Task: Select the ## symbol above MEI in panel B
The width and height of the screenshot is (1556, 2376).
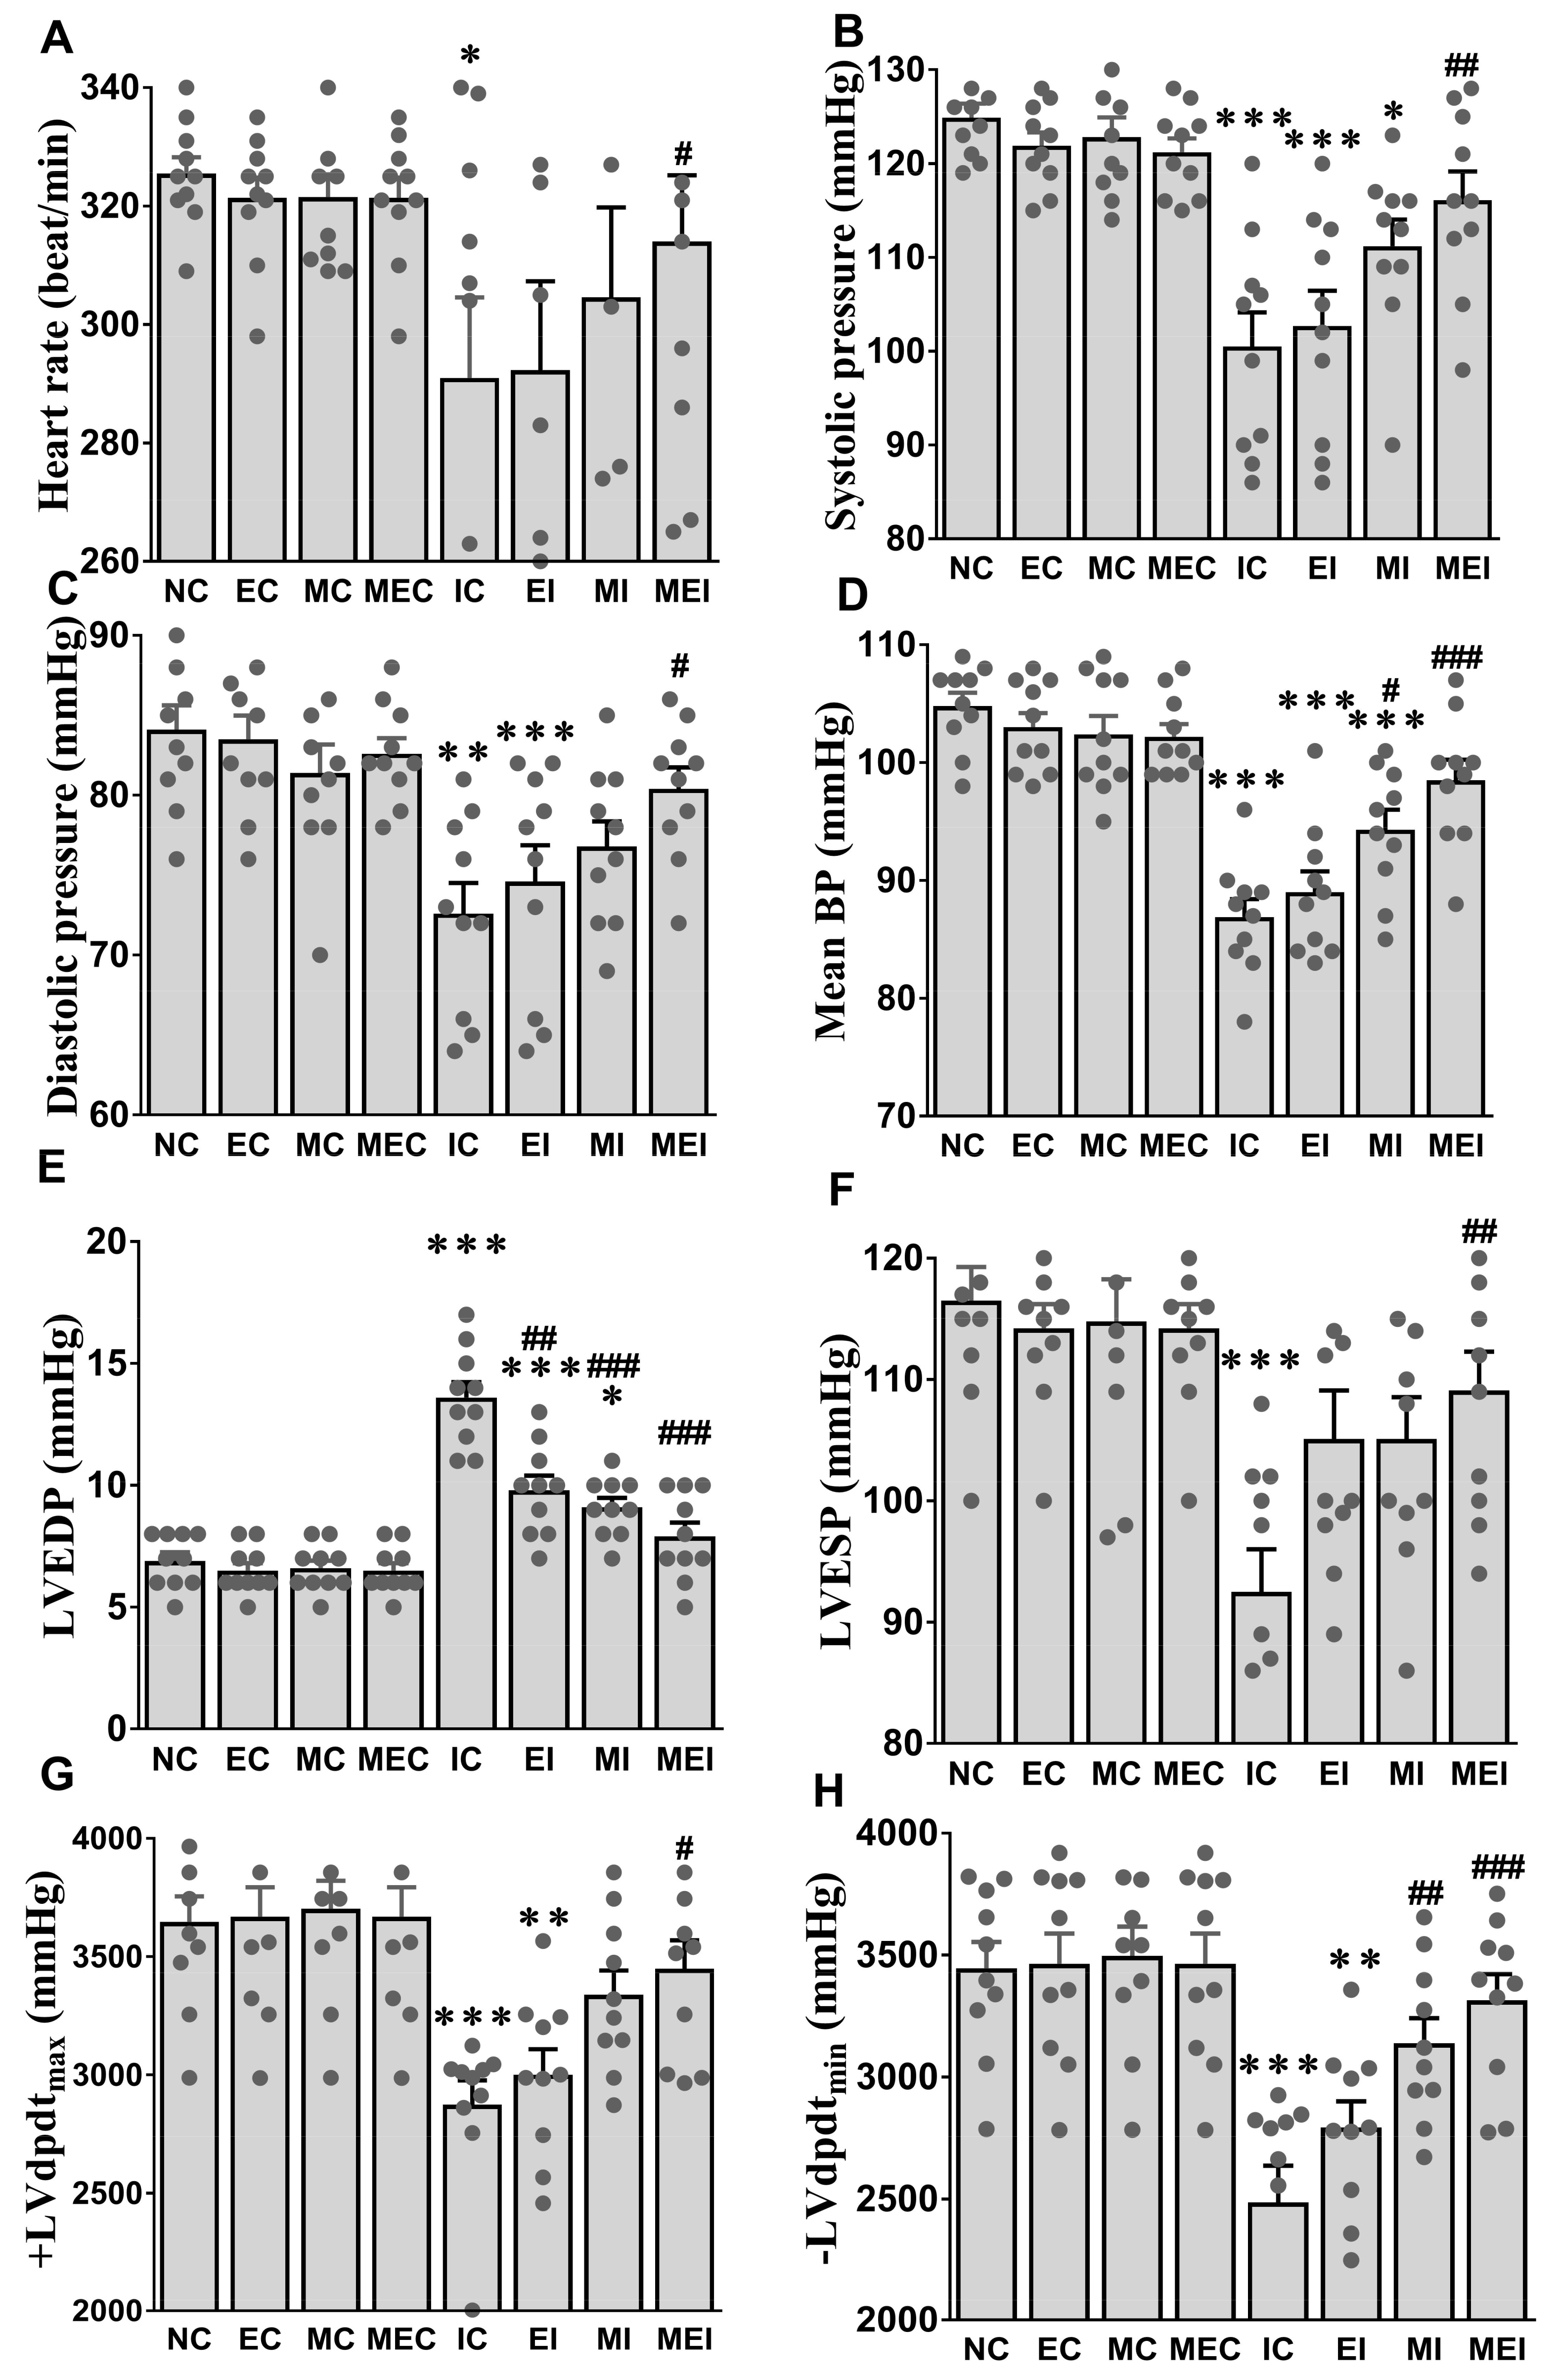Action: [x=1461, y=67]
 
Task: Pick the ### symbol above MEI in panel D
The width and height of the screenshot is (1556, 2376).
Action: [x=1456, y=657]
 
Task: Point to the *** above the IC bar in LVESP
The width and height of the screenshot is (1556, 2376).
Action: [x=1261, y=1361]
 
